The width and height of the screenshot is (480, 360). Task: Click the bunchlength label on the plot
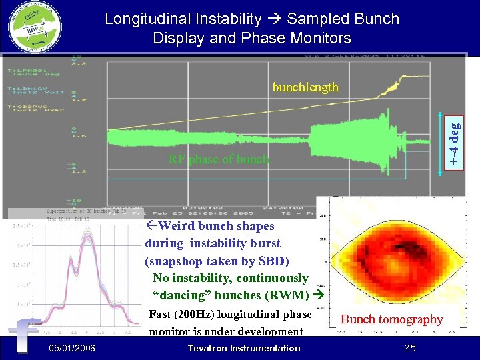(305, 87)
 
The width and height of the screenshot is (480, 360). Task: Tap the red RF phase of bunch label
(219, 159)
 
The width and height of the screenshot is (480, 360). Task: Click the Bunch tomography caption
(391, 319)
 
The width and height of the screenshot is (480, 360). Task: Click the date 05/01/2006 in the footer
(72, 348)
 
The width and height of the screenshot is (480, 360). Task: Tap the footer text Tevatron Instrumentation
(244, 348)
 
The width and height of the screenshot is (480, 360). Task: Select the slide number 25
(409, 348)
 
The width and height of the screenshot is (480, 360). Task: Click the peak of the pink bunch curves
(87, 231)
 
